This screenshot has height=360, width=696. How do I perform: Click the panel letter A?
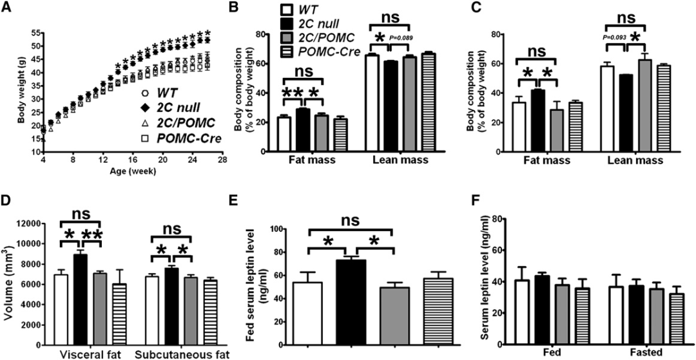pyautogui.click(x=6, y=7)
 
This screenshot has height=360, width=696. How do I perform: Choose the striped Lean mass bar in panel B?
pyautogui.click(x=427, y=102)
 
